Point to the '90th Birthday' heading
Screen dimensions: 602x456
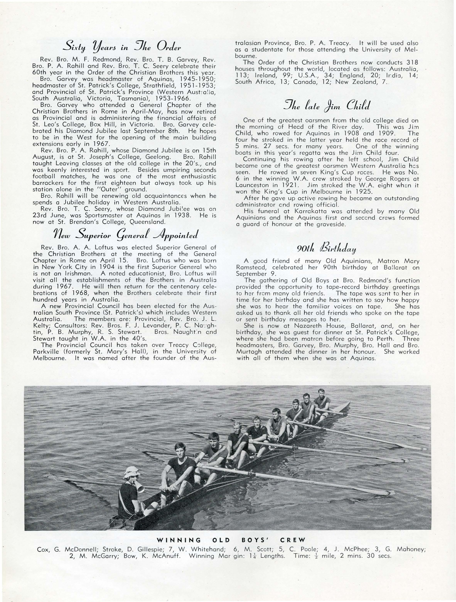[327, 248]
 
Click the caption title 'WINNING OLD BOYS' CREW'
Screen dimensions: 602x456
[232, 539]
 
